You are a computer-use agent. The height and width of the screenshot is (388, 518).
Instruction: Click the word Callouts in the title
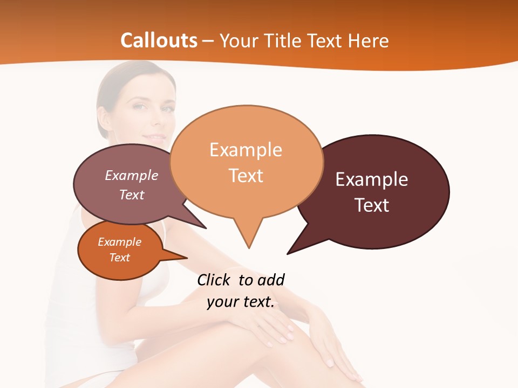159,40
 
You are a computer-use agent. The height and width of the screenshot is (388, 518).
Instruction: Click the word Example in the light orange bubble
246,150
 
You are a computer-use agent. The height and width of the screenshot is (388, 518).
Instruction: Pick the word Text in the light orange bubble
246,176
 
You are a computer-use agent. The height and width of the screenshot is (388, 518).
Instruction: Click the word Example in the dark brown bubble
372,179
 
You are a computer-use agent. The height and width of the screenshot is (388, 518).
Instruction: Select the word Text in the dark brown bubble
372,205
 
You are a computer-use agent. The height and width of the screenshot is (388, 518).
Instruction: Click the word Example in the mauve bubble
132,176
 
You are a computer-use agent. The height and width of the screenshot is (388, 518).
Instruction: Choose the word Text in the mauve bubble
132,195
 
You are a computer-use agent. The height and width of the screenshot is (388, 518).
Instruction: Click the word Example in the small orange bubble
119,242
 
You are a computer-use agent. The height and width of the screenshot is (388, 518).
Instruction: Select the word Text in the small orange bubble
119,258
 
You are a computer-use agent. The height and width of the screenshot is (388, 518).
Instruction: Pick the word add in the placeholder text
270,280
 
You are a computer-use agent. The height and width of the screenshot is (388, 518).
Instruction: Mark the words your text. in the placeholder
241,302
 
